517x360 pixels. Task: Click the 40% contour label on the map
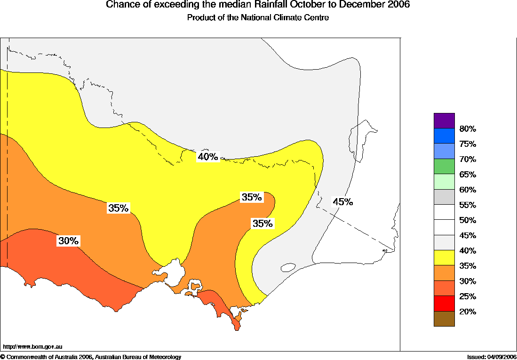click(x=208, y=157)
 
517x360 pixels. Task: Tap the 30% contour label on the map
click(x=68, y=241)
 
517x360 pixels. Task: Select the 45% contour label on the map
click(x=342, y=202)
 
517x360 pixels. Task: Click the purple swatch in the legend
click(x=444, y=120)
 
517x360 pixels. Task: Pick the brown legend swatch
click(x=444, y=319)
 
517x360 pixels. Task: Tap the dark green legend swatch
click(x=444, y=166)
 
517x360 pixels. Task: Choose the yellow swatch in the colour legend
click(x=444, y=257)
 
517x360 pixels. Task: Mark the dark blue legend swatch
click(x=444, y=136)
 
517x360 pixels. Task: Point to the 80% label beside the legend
click(x=468, y=129)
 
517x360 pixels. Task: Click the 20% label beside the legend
click(x=468, y=312)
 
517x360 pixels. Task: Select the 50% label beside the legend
click(x=468, y=220)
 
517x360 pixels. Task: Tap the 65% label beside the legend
click(x=468, y=175)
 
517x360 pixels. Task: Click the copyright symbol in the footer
click(x=3, y=357)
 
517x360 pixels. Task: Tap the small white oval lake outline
click(x=288, y=267)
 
